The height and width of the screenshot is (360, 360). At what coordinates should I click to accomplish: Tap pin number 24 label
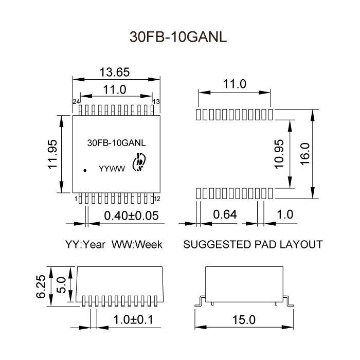76,101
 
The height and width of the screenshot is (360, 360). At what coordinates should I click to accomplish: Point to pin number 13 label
156,101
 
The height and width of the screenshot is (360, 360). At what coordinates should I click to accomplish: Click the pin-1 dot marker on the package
85,169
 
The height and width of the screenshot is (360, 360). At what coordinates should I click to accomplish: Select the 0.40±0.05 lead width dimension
131,215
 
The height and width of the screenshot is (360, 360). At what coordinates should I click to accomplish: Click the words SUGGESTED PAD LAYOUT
253,244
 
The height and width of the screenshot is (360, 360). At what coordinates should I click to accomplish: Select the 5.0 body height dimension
61,284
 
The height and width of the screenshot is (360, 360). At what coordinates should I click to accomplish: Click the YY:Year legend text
85,244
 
